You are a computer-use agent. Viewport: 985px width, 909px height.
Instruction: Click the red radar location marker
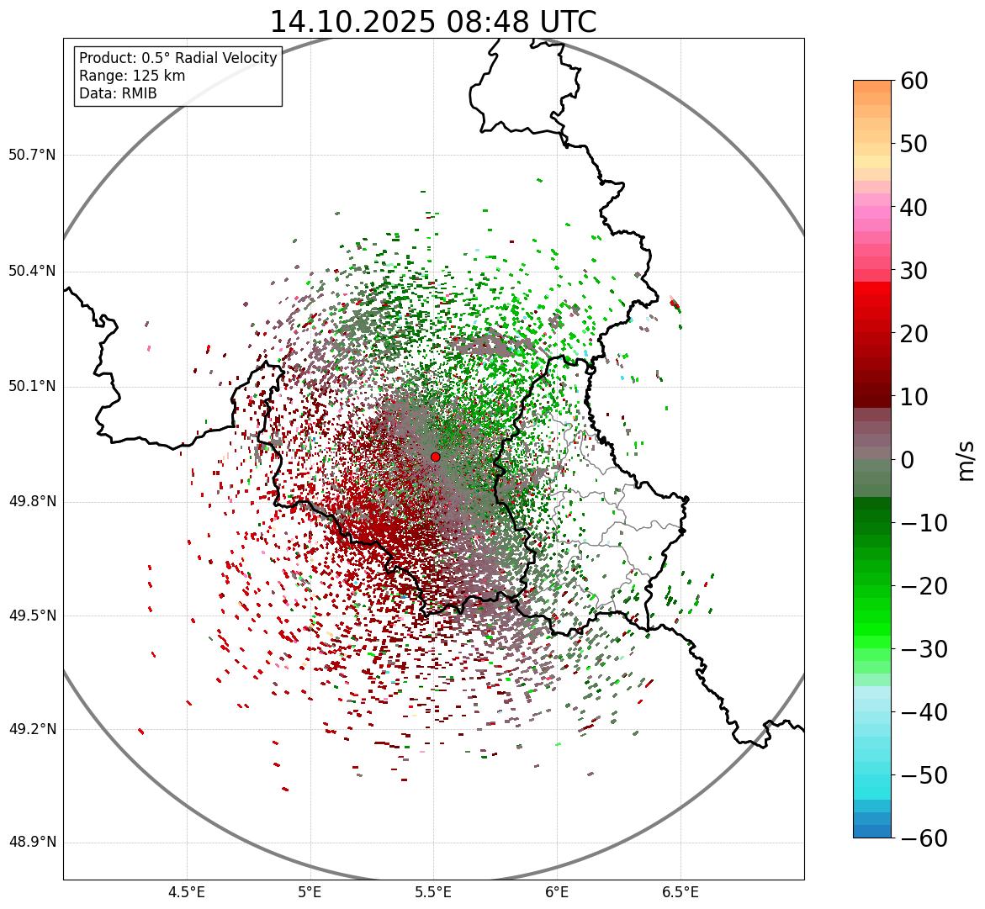[x=435, y=457]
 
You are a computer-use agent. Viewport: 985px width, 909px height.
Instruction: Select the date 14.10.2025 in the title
[x=352, y=22]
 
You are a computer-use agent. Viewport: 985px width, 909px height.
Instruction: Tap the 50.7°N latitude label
[x=31, y=156]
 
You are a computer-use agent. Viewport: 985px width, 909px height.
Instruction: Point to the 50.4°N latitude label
[x=31, y=271]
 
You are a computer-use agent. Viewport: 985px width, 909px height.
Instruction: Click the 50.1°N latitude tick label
[x=31, y=387]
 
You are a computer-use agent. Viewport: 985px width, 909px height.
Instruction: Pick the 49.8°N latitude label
[x=31, y=502]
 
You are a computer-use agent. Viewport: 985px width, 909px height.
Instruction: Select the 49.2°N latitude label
[x=31, y=729]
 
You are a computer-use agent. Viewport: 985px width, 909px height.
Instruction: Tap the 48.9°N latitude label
[x=31, y=843]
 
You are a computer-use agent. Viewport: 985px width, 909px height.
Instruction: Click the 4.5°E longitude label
[x=187, y=891]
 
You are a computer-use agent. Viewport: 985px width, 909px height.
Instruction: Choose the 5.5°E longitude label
[x=433, y=891]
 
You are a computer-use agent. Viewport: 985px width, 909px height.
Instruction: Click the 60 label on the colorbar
[x=915, y=81]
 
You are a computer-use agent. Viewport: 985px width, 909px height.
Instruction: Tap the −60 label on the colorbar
[x=924, y=838]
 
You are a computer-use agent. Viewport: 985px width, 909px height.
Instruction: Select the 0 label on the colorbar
[x=907, y=460]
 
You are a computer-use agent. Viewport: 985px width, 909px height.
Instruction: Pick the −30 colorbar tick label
[x=924, y=649]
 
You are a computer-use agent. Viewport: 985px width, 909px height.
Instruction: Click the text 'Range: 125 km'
[x=132, y=76]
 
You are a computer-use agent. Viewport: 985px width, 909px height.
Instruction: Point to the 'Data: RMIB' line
[x=118, y=93]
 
